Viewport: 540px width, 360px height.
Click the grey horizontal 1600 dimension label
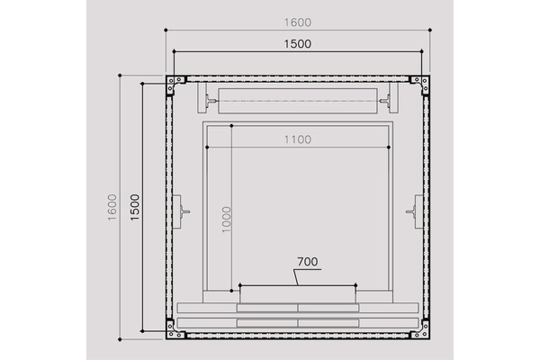coord(298,22)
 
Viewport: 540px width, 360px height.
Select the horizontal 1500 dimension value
coord(298,44)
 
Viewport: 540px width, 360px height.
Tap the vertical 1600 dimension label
coord(112,207)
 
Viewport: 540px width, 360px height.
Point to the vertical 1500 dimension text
coord(135,207)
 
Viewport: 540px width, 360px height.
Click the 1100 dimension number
coord(298,139)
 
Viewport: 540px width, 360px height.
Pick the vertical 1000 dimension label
coord(226,220)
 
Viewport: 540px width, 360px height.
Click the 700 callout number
coord(308,262)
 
